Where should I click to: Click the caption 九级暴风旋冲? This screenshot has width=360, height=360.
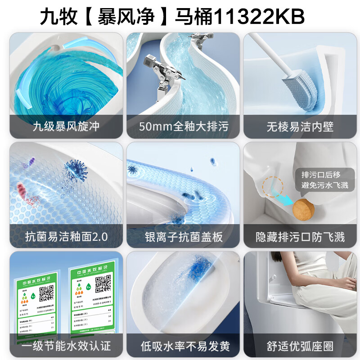click(x=66, y=126)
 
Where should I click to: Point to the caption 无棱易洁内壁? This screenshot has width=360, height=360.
click(x=300, y=126)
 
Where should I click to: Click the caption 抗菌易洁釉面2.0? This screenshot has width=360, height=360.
click(x=66, y=236)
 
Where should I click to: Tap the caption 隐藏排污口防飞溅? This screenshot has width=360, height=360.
click(x=300, y=236)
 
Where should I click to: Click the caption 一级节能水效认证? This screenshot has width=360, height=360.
click(x=66, y=346)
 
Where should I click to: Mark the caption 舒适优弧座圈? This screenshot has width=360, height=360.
click(x=300, y=346)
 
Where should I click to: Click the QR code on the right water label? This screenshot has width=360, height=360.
click(x=103, y=283)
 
